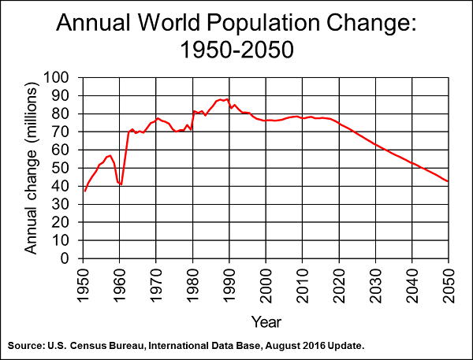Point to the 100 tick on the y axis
coord(61,77)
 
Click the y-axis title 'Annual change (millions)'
coord(31,168)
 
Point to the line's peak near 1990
coord(228,99)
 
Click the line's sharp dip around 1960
coord(121,184)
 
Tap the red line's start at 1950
coord(84,191)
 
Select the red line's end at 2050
coord(448,182)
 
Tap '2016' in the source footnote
coord(303,346)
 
